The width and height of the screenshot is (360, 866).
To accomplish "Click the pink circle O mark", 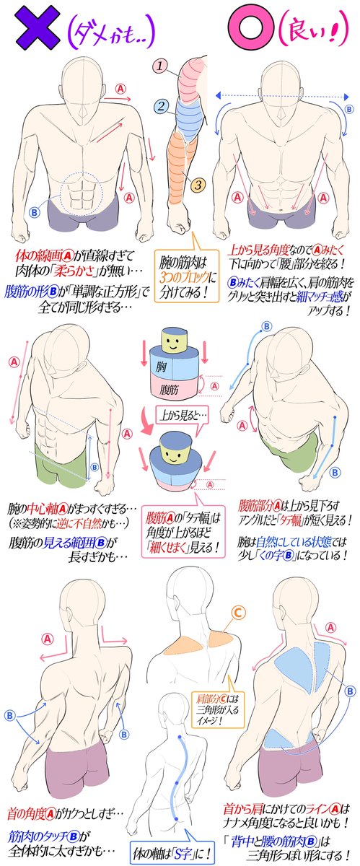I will coord(244,30).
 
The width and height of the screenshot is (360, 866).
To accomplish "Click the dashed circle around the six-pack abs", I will coord(86,193).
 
